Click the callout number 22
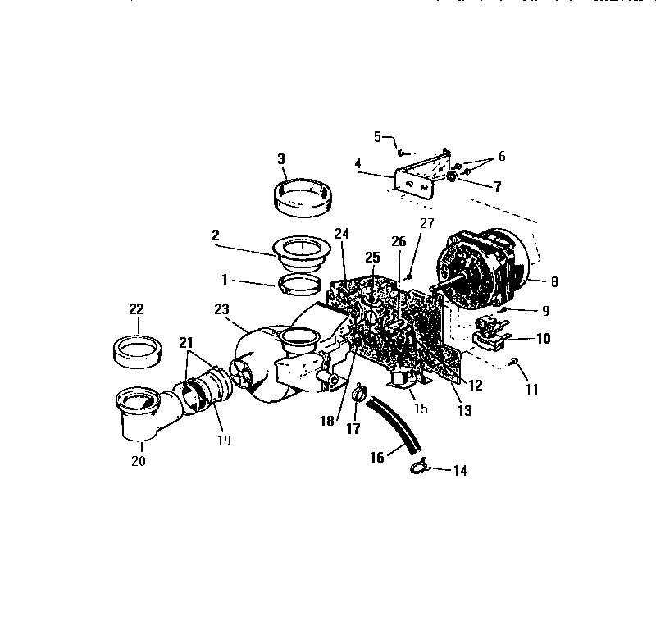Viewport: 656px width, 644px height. (x=136, y=309)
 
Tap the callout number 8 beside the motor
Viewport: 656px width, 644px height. (x=555, y=281)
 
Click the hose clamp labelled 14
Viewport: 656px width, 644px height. (x=419, y=468)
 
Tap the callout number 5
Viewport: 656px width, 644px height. (x=378, y=136)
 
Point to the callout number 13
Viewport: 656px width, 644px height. (x=465, y=411)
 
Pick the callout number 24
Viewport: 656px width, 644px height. (x=342, y=234)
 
